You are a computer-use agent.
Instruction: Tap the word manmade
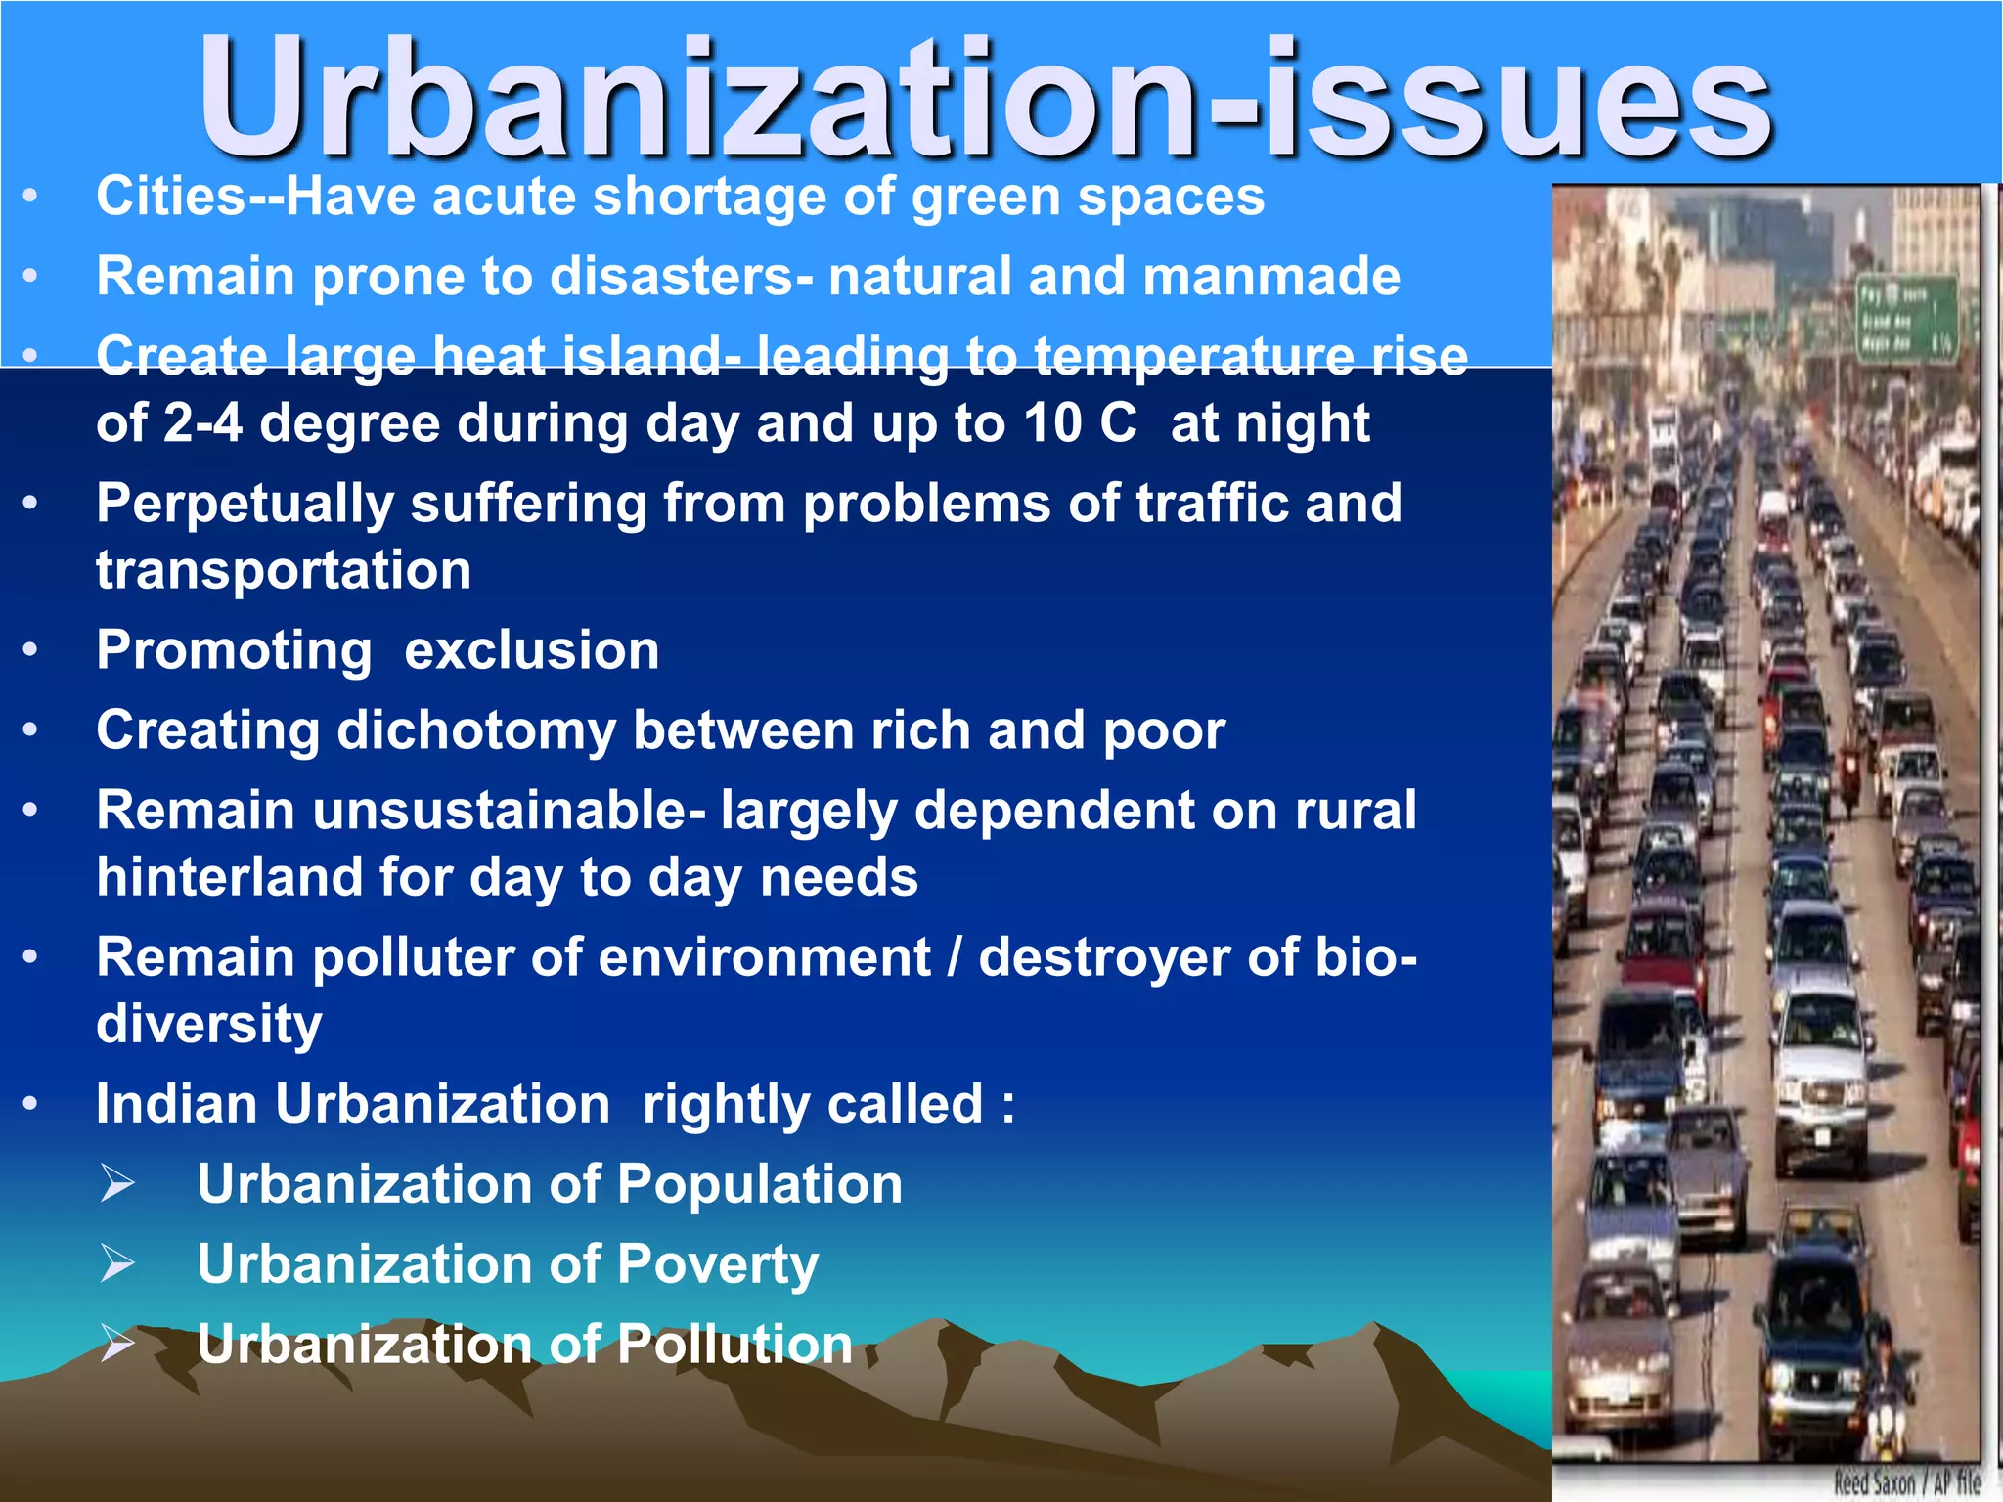[x=1271, y=277]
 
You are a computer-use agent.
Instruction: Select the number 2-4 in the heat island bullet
[x=202, y=424]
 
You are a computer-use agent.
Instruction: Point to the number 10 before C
[x=1052, y=424]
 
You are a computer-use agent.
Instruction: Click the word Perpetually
[x=245, y=505]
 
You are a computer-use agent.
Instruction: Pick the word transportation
[x=284, y=571]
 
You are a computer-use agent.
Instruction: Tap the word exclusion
[x=532, y=651]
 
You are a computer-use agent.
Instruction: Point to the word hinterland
[x=229, y=878]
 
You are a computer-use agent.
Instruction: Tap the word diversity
[x=209, y=1025]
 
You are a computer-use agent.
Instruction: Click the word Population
[x=760, y=1185]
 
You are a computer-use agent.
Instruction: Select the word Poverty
[x=718, y=1265]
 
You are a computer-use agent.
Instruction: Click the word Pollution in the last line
[x=735, y=1346]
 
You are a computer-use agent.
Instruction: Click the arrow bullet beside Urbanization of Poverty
[x=117, y=1263]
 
